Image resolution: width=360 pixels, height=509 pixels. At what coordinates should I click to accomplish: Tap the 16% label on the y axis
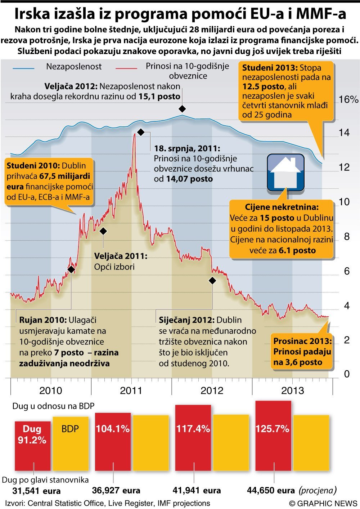tap(348, 99)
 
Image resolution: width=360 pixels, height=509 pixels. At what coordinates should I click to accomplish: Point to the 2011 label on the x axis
tap(131, 390)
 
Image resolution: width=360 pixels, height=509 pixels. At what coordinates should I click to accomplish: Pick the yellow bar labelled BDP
tap(71, 443)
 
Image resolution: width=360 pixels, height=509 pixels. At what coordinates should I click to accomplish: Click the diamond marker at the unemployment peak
tap(183, 109)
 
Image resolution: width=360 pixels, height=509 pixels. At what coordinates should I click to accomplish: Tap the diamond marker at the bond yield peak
tap(141, 132)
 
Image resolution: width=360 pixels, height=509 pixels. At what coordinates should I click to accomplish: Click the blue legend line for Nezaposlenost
tap(24, 68)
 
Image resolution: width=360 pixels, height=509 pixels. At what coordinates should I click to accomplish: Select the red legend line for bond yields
tap(126, 68)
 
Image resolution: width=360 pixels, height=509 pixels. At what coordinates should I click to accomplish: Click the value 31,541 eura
tap(36, 491)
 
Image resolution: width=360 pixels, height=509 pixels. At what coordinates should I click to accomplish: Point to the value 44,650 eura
tap(271, 490)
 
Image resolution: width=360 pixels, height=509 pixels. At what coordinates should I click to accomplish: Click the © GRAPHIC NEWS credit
tap(323, 503)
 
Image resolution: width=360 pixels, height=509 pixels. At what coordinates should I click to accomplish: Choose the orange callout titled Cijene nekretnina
tap(282, 229)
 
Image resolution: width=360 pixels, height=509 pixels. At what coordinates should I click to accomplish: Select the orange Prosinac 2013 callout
tap(302, 352)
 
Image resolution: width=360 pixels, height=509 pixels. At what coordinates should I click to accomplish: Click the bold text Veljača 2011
tap(121, 256)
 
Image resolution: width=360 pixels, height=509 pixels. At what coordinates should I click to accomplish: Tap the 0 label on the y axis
tap(347, 374)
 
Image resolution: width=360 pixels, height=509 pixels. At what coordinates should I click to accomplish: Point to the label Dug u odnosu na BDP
tap(53, 406)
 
